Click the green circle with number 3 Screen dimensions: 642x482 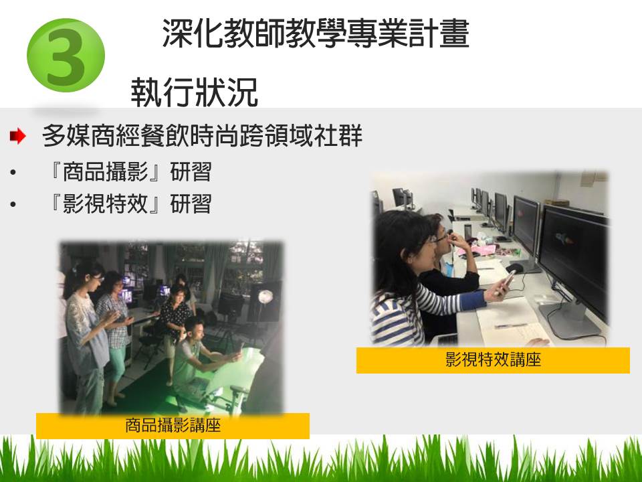(66, 56)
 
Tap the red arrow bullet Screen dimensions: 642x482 (18, 136)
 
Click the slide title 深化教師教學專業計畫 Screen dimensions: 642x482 (316, 33)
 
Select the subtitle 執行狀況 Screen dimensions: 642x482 (194, 92)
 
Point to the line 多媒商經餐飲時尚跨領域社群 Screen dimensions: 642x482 (202, 135)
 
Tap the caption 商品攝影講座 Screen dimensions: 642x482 (173, 426)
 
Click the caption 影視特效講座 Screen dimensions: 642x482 (493, 360)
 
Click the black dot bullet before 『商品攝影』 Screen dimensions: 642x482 (13, 172)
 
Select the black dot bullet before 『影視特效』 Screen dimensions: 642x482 (13, 204)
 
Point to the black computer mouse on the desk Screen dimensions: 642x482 (514, 268)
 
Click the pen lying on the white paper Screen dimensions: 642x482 (510, 326)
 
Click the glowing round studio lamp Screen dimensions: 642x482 (265, 296)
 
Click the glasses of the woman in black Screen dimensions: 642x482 (439, 237)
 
